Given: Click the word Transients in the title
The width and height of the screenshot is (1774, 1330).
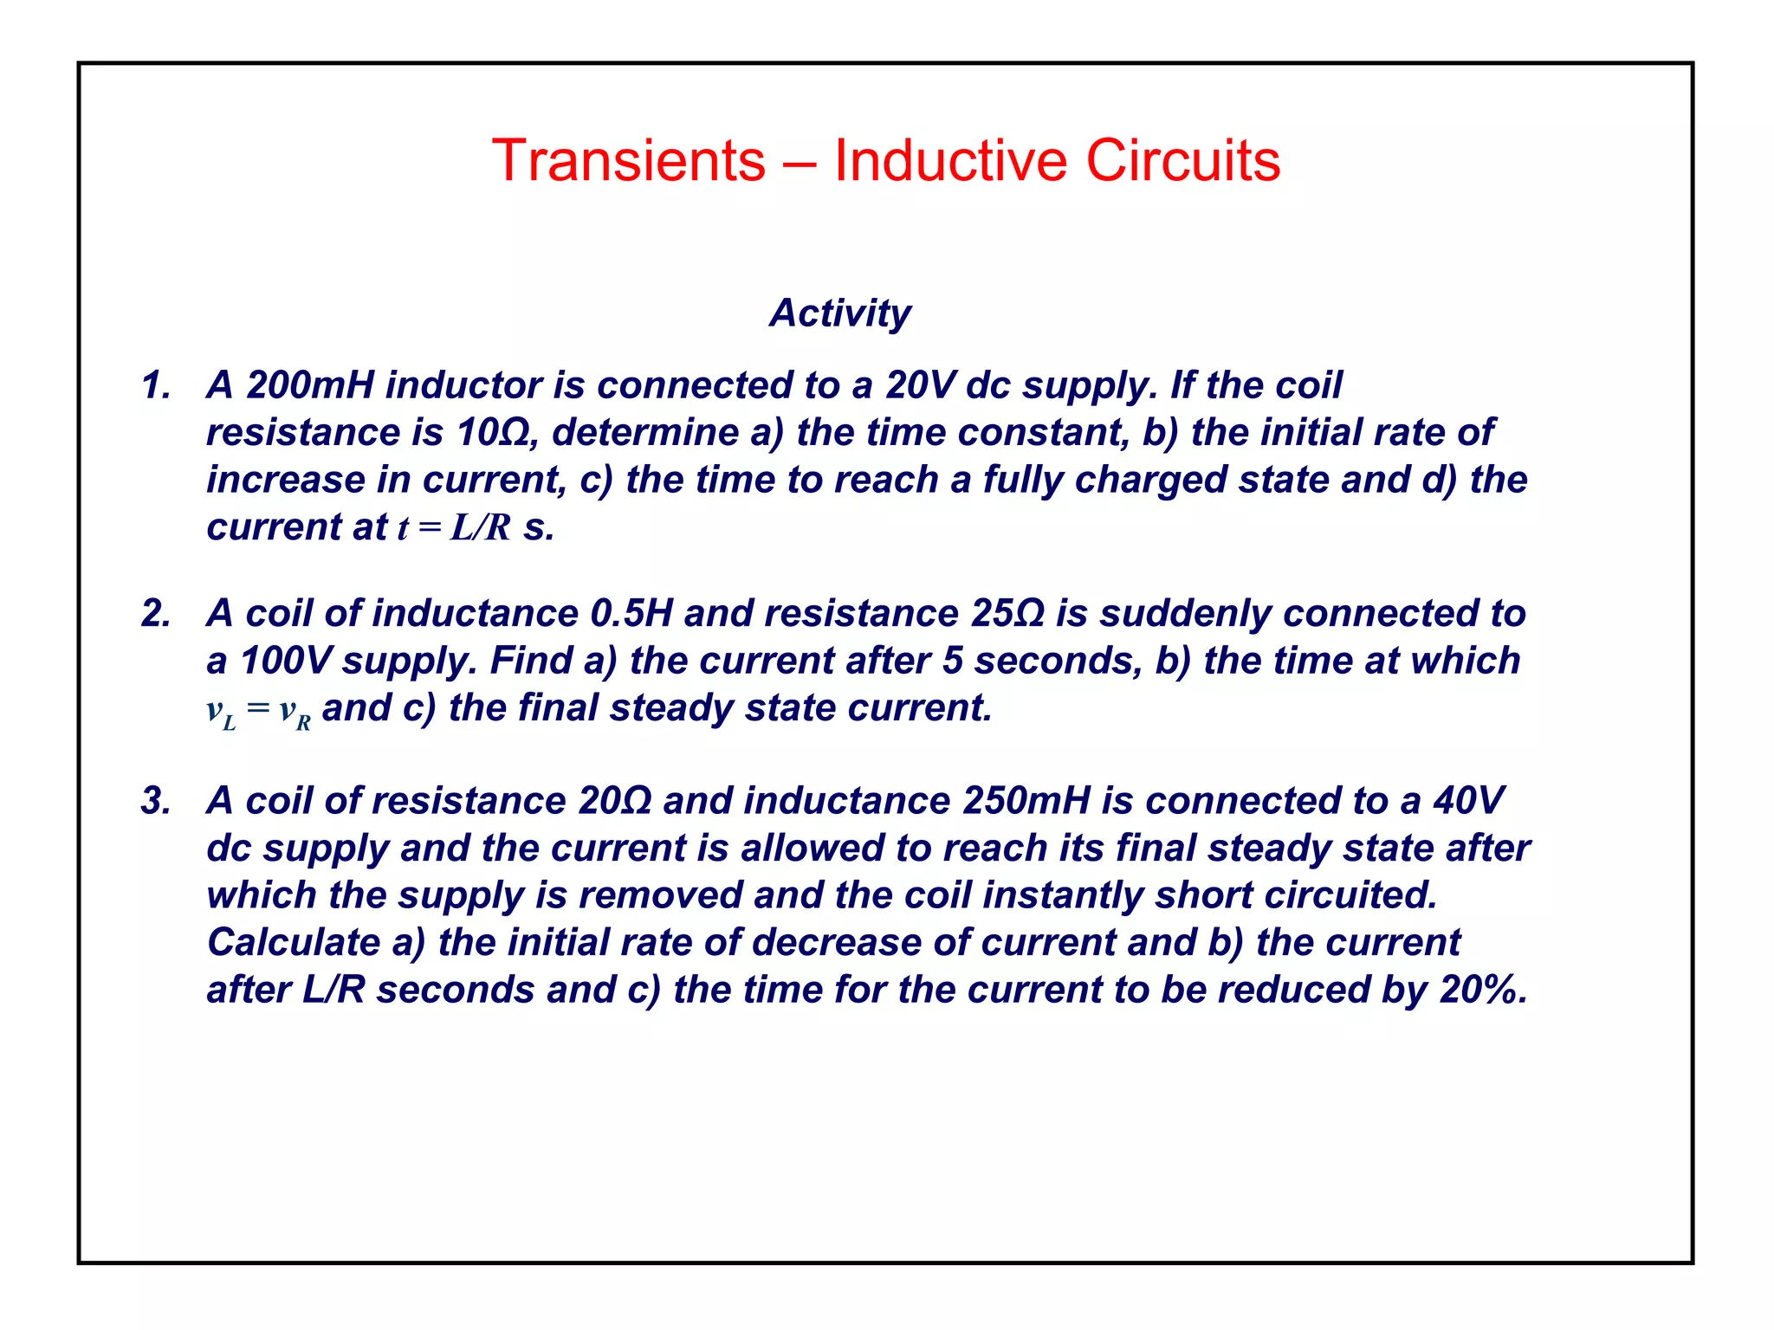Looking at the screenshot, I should click(x=629, y=161).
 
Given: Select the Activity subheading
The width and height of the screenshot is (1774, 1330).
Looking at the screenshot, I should click(x=839, y=313).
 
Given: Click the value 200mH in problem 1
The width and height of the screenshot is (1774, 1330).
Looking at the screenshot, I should click(x=310, y=385).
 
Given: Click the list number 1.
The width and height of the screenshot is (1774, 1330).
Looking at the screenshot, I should click(x=156, y=385).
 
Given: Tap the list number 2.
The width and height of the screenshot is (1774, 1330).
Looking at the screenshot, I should click(x=156, y=614).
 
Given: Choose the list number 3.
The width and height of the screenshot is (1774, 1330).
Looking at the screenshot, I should click(x=156, y=801).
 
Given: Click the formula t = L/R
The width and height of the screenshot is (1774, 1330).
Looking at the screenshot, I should click(x=454, y=527).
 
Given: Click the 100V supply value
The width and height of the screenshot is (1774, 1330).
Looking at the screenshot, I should click(x=285, y=661).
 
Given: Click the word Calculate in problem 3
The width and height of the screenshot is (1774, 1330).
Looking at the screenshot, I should click(x=294, y=943).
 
